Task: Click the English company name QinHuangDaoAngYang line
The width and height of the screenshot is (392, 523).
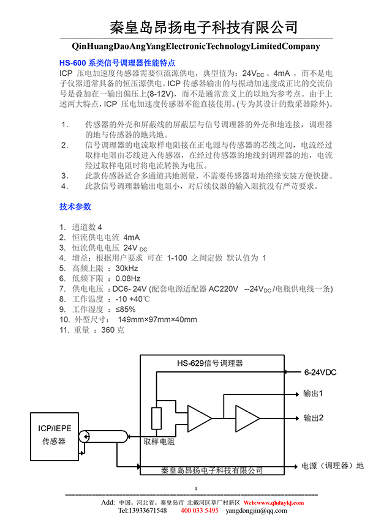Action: click(196, 46)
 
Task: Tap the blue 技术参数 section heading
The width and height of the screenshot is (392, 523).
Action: click(75, 206)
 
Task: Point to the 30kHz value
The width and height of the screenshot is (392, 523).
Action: click(127, 268)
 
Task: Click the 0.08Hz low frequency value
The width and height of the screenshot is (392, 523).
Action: click(128, 278)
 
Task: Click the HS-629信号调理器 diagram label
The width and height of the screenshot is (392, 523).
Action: click(210, 363)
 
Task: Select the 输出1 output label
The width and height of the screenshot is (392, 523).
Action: click(313, 393)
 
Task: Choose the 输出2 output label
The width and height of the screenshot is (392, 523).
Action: click(313, 418)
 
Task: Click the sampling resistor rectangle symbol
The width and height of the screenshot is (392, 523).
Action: click(157, 419)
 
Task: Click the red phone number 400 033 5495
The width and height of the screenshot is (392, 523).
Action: click(199, 511)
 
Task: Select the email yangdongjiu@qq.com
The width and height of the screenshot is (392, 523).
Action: click(261, 511)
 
